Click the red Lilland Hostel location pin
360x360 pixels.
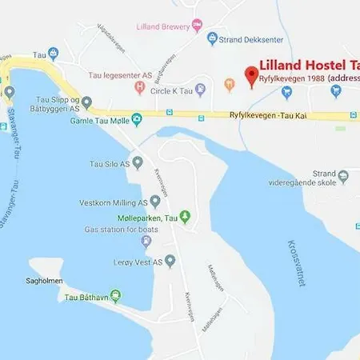(251, 76)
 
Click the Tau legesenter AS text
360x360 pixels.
(118, 74)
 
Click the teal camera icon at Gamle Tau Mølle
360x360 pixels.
(137, 120)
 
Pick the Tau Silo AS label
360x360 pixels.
(106, 164)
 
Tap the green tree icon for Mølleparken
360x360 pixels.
(185, 216)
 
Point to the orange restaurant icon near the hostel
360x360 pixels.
(229, 82)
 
